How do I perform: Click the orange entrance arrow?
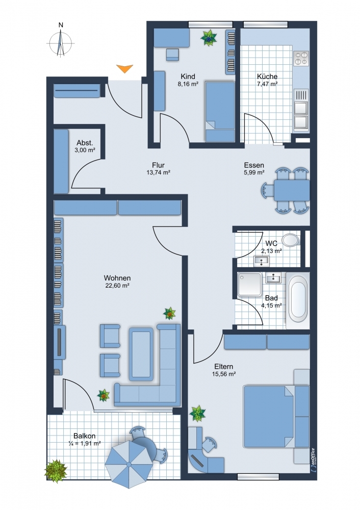click(124, 68)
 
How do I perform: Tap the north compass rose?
click(61, 43)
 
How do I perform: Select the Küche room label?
click(267, 76)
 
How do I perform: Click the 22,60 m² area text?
click(117, 286)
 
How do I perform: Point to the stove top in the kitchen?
click(301, 59)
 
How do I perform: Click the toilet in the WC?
click(291, 240)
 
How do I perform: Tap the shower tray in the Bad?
click(250, 284)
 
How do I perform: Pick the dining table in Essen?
click(292, 190)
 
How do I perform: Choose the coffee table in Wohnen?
click(141, 354)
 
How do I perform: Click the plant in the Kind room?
click(209, 38)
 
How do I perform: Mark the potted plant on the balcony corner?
click(56, 470)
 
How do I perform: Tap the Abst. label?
click(85, 143)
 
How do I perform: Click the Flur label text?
click(159, 165)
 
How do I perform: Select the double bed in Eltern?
click(276, 416)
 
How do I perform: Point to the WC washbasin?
click(262, 261)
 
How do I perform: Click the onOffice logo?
click(313, 460)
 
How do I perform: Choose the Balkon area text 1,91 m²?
click(85, 443)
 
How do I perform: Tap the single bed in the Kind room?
click(220, 112)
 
